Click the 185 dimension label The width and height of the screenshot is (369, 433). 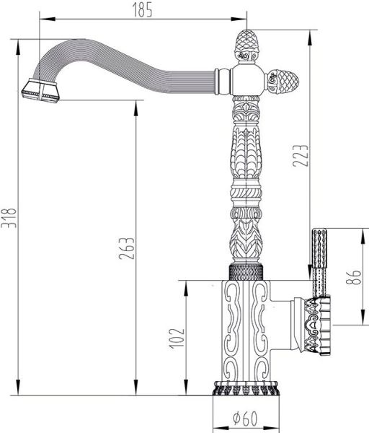pos(142,9)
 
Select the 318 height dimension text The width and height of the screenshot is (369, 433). pos(8,218)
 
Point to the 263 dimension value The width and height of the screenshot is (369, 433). pos(126,248)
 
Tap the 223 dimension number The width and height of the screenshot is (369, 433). pos(300,156)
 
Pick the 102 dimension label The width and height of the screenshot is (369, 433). pos(176,339)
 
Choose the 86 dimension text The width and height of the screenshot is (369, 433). pos(353,277)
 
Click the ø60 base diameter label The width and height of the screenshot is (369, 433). pos(245,419)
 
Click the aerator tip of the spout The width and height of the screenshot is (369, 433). pos(40,91)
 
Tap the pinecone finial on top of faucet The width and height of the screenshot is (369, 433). pos(246,46)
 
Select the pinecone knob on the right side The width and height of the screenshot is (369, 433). pos(283,82)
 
